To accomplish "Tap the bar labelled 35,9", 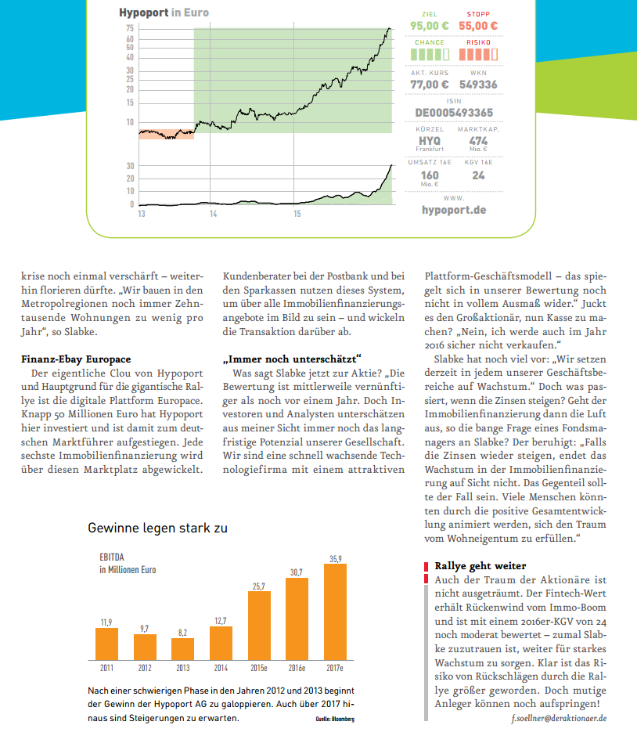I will pos(335,612).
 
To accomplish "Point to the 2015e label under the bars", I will pos(259,669).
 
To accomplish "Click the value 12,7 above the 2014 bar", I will pos(221,621).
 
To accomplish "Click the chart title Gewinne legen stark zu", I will pos(157,529).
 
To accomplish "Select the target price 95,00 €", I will pos(430,26).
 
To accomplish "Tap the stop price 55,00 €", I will pos(478,26).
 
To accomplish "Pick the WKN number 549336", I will pos(478,85).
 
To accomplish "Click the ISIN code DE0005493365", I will pos(454,112).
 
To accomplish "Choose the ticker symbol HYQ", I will pos(430,140).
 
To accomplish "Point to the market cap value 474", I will pos(478,140).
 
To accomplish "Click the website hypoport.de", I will pos(454,210).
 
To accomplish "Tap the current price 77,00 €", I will pos(430,85).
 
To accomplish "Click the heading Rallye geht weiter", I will pos(480,565).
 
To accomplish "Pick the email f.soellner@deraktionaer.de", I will pos(560,718).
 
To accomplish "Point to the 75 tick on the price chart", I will pos(130,29).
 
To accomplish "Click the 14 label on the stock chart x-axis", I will pos(213,213).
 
